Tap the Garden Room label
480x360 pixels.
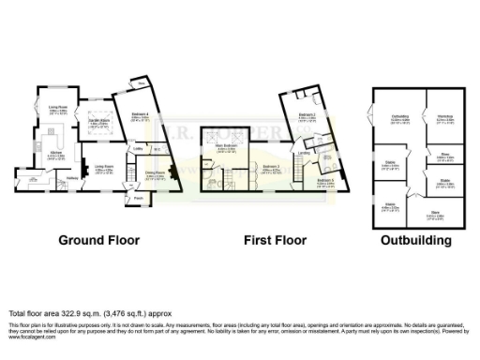(94, 122)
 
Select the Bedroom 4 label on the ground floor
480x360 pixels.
(138, 116)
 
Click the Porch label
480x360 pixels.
(138, 198)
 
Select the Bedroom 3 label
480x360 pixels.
(271, 166)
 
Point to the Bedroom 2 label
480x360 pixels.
(307, 116)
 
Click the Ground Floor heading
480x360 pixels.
(95, 240)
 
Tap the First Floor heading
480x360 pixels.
(277, 240)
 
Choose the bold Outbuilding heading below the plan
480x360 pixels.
(415, 240)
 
